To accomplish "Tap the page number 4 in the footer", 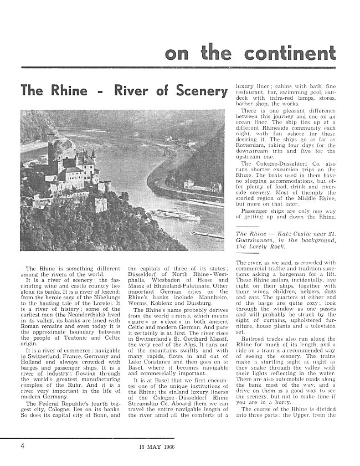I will (x=22, y=445).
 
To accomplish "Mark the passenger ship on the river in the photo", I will (x=177, y=213).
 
